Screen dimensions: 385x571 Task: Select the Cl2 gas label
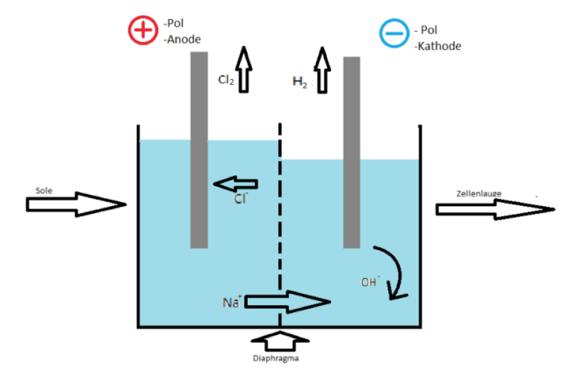pyautogui.click(x=226, y=80)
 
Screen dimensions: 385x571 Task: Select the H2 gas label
pyautogui.click(x=299, y=82)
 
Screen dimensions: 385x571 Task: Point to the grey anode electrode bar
pyautogui.click(x=199, y=149)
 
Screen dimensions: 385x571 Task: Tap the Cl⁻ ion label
pyautogui.click(x=240, y=199)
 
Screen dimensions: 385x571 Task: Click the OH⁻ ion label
pyautogui.click(x=370, y=282)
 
